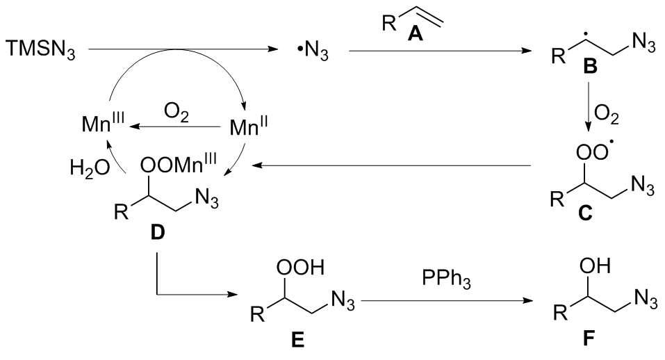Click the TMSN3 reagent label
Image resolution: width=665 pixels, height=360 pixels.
(x=41, y=49)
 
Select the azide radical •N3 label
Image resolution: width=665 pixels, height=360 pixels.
(x=313, y=51)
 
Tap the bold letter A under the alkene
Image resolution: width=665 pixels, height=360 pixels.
(x=416, y=33)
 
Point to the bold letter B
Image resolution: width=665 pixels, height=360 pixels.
(x=590, y=66)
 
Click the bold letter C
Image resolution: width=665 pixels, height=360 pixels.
(x=585, y=213)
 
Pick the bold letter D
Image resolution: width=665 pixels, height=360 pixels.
(x=158, y=232)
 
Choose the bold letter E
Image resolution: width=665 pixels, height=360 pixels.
(x=297, y=340)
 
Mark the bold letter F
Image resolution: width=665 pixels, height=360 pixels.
(x=588, y=338)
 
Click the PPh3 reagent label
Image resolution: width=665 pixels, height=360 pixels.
(x=446, y=279)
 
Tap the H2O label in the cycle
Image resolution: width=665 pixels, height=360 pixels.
(x=90, y=169)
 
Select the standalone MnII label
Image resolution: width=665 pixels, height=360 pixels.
(x=249, y=126)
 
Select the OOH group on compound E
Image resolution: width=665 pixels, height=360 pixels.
(x=300, y=268)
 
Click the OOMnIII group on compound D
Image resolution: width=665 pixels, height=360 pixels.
(x=179, y=165)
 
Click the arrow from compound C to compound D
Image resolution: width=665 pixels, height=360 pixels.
(x=393, y=166)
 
